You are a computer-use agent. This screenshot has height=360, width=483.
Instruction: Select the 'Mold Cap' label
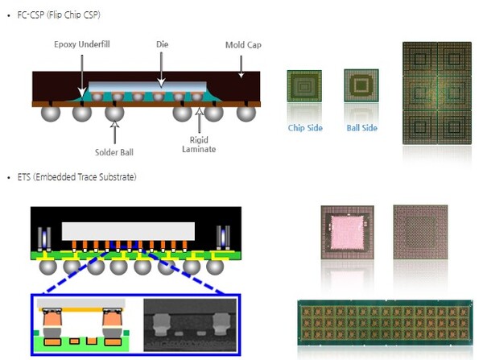coord(243,46)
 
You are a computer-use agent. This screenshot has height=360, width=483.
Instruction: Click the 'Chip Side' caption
coord(303,128)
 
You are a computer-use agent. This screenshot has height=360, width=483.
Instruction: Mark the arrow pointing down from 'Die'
coord(161,68)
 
